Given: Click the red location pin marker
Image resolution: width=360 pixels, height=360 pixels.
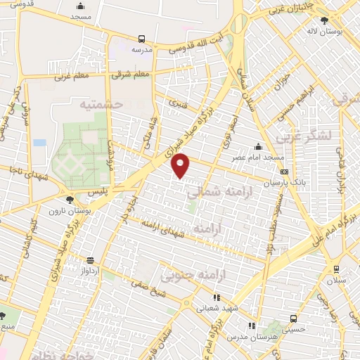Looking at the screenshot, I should pyautogui.click(x=181, y=166).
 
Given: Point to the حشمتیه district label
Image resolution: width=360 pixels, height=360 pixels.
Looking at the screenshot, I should pyautogui.click(x=101, y=104).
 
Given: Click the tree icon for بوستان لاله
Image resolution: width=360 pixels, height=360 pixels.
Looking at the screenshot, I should pyautogui.click(x=324, y=21).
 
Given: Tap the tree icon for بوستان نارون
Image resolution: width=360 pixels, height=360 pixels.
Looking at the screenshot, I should pyautogui.click(x=68, y=200).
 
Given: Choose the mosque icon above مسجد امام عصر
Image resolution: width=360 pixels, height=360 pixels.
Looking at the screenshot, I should pyautogui.click(x=259, y=146).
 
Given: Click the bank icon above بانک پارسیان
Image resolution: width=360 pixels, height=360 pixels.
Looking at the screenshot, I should pyautogui.click(x=283, y=171).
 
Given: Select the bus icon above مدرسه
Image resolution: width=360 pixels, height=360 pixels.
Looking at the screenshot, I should pyautogui.click(x=141, y=39).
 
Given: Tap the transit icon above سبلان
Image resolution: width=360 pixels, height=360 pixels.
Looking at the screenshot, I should pyautogui.click(x=335, y=269).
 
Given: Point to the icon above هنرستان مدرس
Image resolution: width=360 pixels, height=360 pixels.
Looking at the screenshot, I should pyautogui.click(x=252, y=326).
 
